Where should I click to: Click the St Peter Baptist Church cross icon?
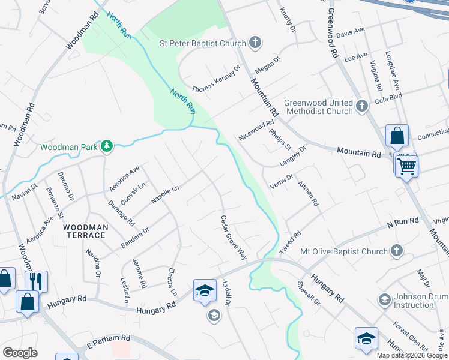click(255, 43)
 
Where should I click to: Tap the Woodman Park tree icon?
click(106, 146)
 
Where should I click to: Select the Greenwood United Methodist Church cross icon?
click(361, 106)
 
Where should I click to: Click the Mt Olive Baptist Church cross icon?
click(396, 250)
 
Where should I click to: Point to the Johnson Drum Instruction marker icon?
click(384, 299)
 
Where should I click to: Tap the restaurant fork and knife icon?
click(37, 281)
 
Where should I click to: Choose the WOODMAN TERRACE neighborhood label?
click(86, 231)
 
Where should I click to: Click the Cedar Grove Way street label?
click(234, 238)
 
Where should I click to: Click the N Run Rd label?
click(402, 223)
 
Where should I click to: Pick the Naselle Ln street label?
click(165, 196)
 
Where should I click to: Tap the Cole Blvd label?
click(388, 99)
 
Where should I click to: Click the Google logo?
click(20, 353)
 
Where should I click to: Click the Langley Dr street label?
click(292, 156)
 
